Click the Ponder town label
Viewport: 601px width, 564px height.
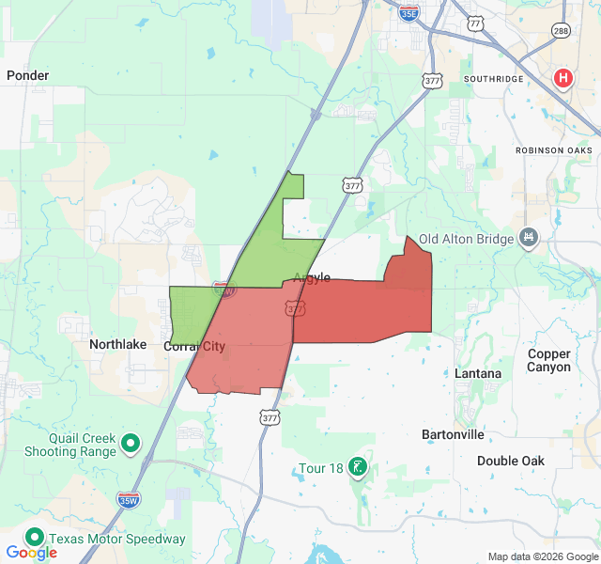coord(27,75)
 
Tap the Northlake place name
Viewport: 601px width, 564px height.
coord(118,345)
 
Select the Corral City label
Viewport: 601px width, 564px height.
coord(194,346)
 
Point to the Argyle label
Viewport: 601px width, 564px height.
coord(312,277)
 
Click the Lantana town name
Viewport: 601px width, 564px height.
coord(478,373)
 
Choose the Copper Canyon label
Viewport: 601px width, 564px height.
coord(549,360)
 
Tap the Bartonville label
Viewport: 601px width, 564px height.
coord(453,435)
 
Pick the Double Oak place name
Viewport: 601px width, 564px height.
coord(511,461)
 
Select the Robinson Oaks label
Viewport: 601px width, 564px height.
coord(554,150)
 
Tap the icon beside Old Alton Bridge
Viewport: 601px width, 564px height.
coord(530,238)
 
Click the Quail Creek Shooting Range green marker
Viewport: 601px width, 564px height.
coord(131,442)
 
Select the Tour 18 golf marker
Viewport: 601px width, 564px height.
coord(357,466)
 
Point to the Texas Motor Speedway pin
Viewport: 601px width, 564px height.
coord(36,538)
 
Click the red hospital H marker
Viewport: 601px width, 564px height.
coord(563,78)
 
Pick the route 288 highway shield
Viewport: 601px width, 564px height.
coord(560,30)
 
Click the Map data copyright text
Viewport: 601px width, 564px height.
coord(543,556)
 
